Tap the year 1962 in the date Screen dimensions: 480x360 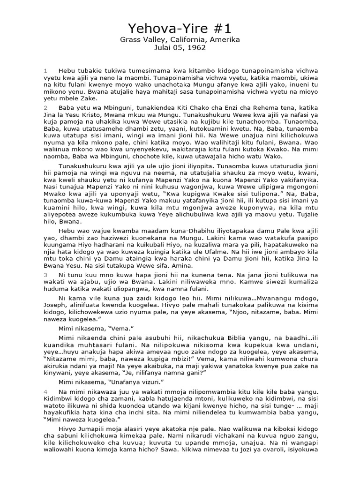click(196, 47)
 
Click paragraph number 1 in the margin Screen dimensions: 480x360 click(45, 70)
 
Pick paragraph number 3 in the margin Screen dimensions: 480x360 click(45, 273)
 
